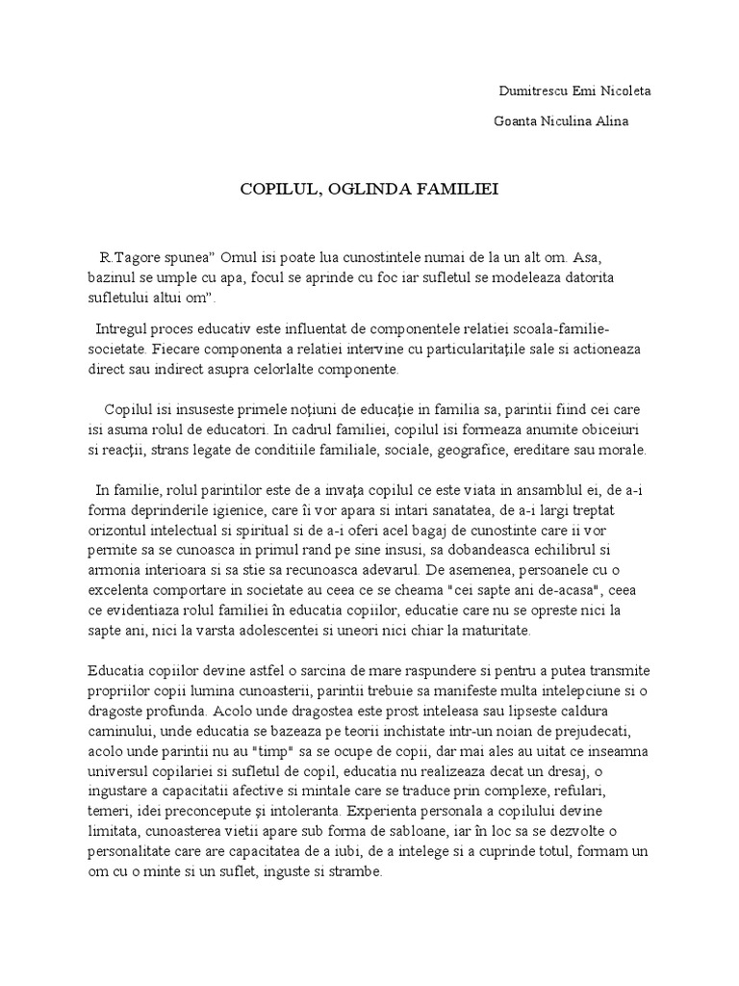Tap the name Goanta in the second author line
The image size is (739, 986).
[x=516, y=121]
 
